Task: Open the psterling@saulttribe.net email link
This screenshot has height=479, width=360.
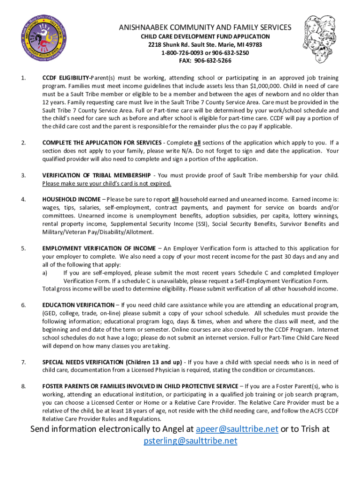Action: (190, 441)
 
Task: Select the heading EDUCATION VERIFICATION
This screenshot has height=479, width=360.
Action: (78, 305)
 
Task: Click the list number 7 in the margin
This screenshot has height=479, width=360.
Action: (23, 362)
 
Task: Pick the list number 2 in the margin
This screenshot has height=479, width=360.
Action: (23, 143)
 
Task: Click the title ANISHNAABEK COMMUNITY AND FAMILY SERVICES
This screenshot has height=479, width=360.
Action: (205, 28)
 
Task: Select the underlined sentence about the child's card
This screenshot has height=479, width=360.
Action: (107, 183)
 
